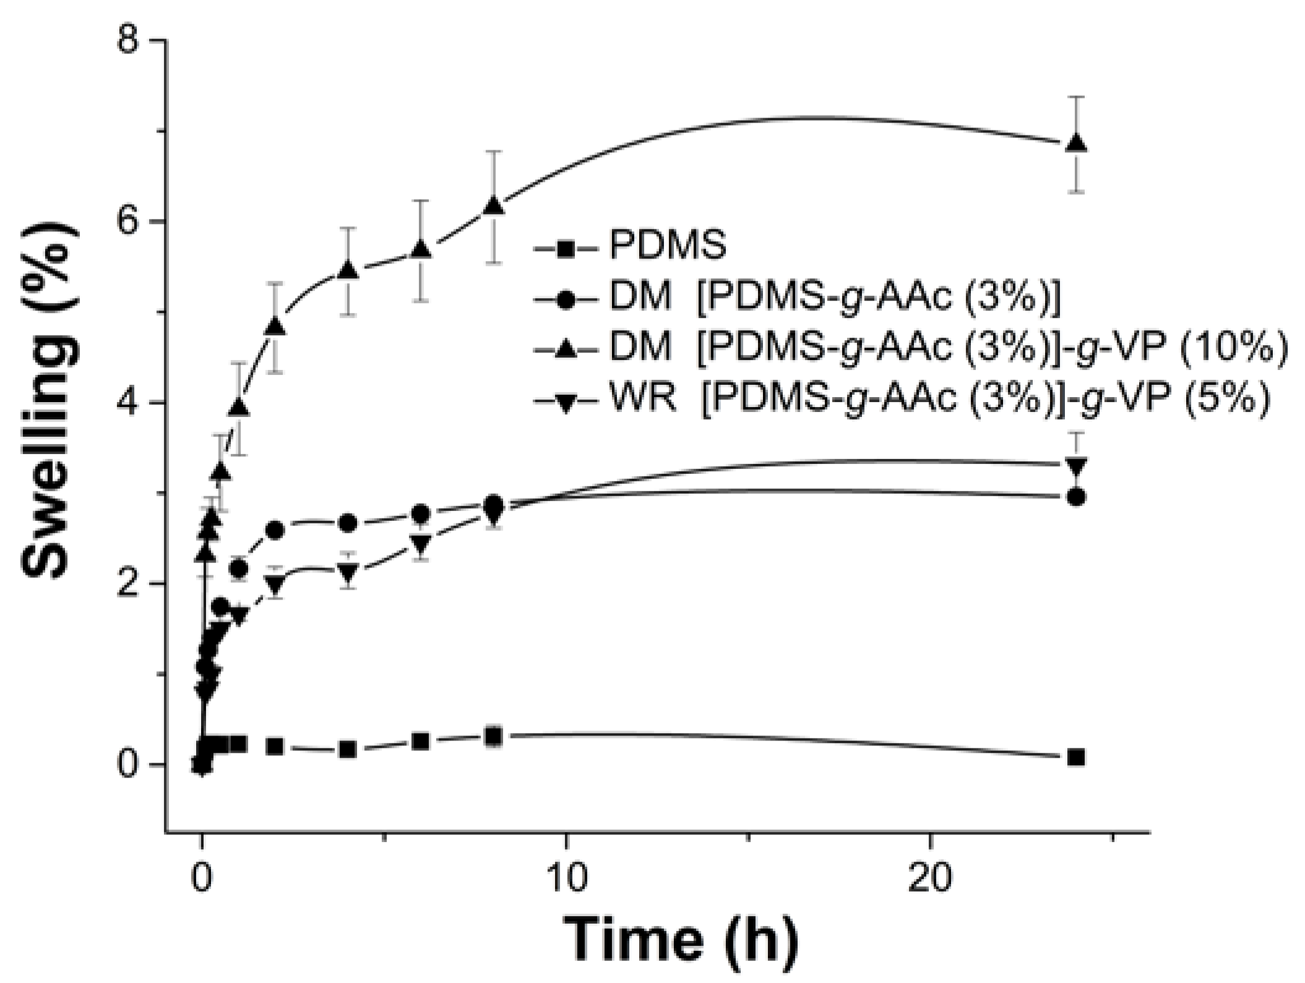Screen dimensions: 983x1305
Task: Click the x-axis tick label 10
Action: coord(566,879)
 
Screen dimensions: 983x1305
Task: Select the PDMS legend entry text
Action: coord(668,246)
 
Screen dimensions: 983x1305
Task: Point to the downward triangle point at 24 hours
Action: coord(1077,465)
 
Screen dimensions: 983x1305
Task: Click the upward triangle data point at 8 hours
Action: coord(493,205)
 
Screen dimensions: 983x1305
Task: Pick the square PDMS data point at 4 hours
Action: coord(348,750)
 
